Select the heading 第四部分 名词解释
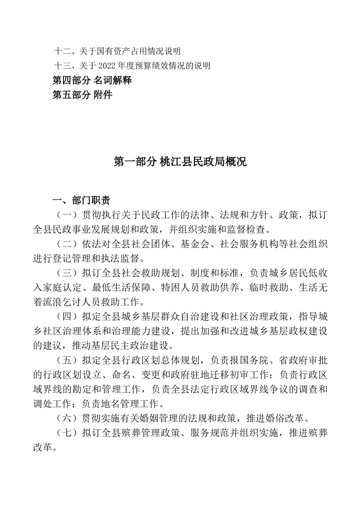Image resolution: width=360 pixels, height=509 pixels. pyautogui.click(x=92, y=81)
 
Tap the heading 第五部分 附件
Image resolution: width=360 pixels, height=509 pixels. pyautogui.click(x=82, y=95)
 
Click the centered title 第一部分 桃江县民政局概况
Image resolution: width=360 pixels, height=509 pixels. pyautogui.click(x=180, y=162)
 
